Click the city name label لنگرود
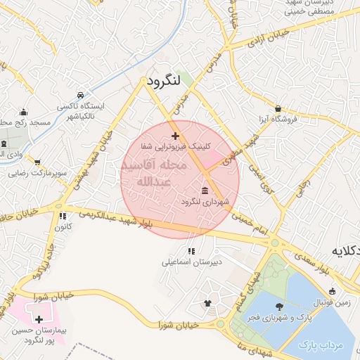[x=164, y=82]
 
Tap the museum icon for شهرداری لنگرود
[x=205, y=191]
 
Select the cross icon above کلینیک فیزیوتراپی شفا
[x=175, y=136]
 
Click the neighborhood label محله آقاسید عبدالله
[x=153, y=174]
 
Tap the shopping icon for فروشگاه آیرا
[x=279, y=108]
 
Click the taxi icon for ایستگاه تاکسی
[x=81, y=95]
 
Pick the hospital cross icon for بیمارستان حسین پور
[x=39, y=319]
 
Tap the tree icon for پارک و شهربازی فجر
[x=280, y=306]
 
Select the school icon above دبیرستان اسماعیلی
[x=191, y=250]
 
